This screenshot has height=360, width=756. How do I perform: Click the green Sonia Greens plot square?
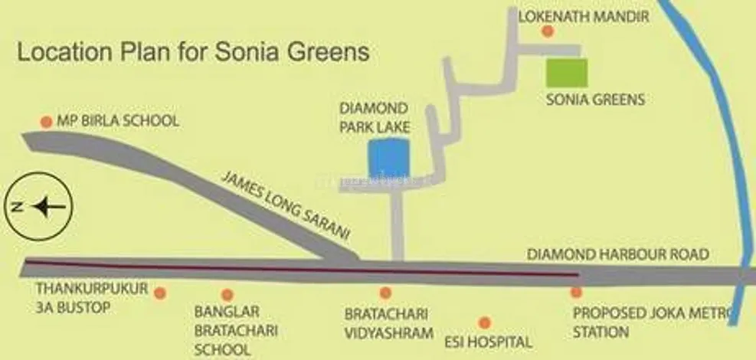[567, 72]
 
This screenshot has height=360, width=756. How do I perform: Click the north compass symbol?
[38, 206]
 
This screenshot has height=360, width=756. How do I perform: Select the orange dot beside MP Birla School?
[46, 122]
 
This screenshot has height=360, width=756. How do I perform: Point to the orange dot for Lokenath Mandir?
[547, 31]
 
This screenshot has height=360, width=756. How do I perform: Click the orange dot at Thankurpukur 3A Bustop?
[159, 293]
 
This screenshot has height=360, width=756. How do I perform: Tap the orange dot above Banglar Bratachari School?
[227, 294]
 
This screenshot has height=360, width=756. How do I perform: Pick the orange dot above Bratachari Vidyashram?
[385, 293]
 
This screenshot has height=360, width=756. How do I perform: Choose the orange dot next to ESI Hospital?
[483, 322]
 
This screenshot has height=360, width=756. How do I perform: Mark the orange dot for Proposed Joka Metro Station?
[575, 292]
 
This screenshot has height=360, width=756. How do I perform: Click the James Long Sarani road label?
[285, 205]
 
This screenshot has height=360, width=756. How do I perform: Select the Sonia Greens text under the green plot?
[595, 100]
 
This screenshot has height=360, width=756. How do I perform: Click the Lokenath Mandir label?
[584, 15]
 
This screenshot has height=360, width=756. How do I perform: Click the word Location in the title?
[59, 53]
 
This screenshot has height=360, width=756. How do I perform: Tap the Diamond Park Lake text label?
[375, 118]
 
